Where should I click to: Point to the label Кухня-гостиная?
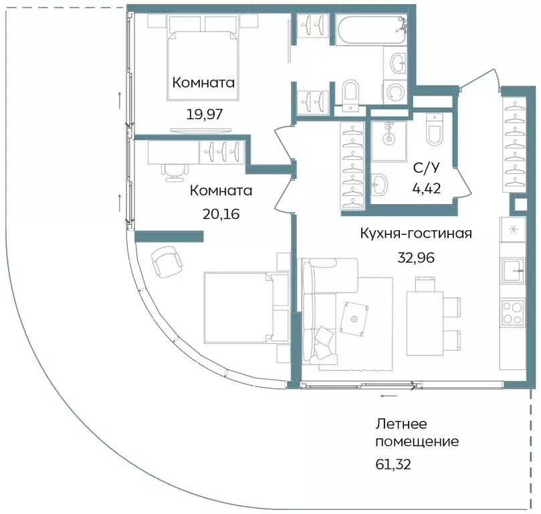(x=416, y=234)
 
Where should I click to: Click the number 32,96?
(x=416, y=257)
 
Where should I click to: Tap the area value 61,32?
(x=393, y=462)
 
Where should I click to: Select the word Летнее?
(x=401, y=424)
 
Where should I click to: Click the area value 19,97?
(x=204, y=113)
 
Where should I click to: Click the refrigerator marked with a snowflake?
(x=513, y=230)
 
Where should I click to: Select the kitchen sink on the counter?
(x=513, y=271)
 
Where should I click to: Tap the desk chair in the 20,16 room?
(x=174, y=170)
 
